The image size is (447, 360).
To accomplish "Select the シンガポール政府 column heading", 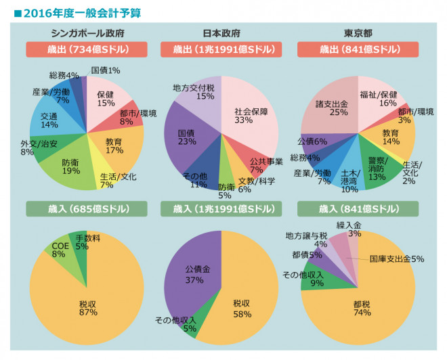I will pos(87,33).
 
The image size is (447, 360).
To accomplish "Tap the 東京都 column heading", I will pos(357,33).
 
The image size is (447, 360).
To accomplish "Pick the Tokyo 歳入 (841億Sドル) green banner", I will pos(357,208).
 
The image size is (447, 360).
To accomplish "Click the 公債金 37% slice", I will pos(196,274).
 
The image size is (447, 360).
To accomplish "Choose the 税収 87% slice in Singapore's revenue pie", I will pos(86,307).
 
